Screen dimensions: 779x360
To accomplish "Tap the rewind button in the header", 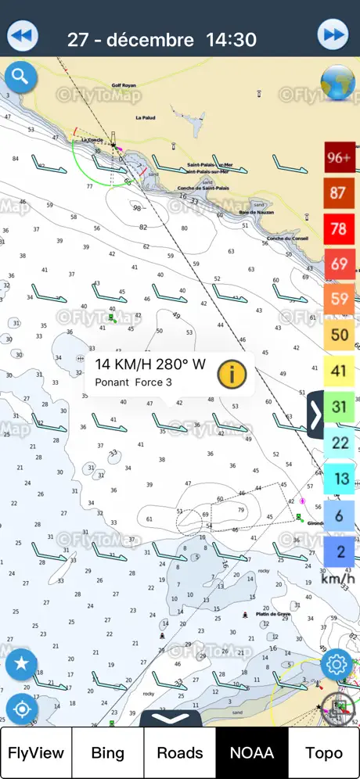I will (23, 35).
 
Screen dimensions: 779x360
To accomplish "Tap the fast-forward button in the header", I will (333, 35).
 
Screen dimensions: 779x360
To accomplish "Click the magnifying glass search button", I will (20, 77).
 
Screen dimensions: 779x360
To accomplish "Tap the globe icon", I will (338, 81).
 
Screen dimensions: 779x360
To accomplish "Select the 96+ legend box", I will (339, 157).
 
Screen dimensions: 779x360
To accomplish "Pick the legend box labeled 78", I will (339, 228).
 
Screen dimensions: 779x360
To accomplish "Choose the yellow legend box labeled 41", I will (339, 372).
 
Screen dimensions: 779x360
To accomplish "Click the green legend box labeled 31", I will (339, 407).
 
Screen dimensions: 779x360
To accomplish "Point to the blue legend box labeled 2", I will (339, 551).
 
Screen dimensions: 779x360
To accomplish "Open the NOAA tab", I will (252, 753).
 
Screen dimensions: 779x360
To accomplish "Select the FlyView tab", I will (36, 753).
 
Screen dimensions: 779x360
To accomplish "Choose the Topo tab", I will (323, 753).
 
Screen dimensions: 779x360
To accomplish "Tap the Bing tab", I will (107, 753).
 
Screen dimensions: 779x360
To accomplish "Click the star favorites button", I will (21, 664).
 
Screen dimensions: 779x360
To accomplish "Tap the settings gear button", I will (337, 664).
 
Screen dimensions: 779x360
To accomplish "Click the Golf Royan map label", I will (124, 84).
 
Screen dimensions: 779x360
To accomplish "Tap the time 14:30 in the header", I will (232, 39).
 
